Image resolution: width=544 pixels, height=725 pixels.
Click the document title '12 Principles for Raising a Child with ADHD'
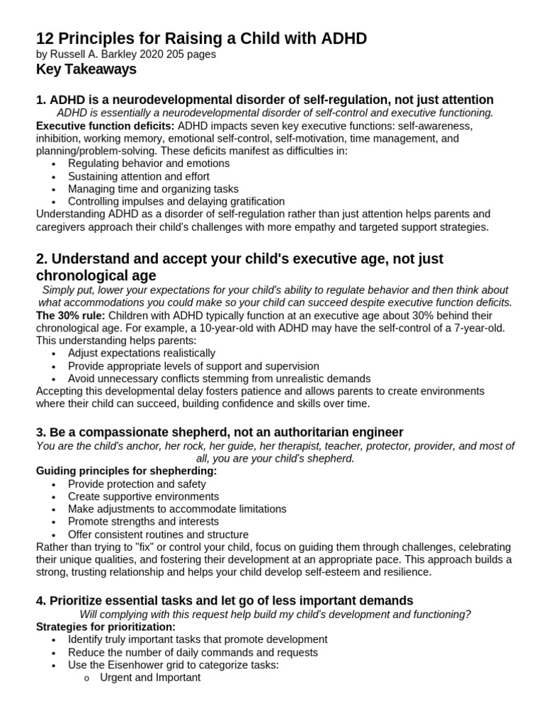[x=201, y=38]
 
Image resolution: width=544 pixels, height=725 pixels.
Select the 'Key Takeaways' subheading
[x=86, y=69]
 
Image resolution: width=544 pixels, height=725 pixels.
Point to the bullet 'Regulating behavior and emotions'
[x=149, y=164]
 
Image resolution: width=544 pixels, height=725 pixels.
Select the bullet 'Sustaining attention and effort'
[x=139, y=176]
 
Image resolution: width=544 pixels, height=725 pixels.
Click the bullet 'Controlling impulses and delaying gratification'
[x=176, y=201]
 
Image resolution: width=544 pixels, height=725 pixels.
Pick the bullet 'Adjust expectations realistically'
[x=142, y=353]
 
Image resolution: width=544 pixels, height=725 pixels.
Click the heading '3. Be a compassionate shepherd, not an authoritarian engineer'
[x=220, y=432]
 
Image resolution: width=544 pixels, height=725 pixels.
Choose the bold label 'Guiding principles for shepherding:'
[x=126, y=471]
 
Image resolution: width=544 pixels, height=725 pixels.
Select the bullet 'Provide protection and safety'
[x=137, y=484]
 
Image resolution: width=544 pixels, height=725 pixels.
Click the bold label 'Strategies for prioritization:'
[x=106, y=627]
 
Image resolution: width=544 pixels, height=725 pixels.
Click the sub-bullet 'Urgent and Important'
[x=150, y=678]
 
